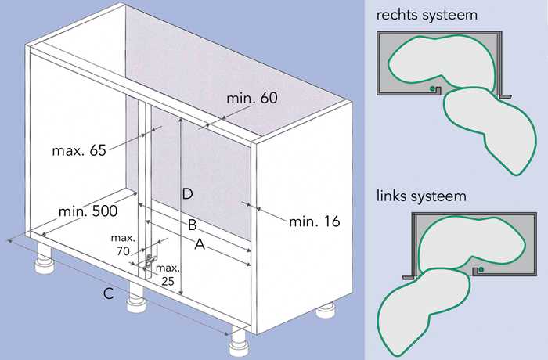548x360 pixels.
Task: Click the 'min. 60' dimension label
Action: [x=252, y=100]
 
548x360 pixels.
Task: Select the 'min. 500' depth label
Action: [x=88, y=211]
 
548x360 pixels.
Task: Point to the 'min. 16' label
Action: [x=314, y=221]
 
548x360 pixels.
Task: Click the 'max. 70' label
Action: [x=122, y=243]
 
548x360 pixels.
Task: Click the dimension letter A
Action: [x=200, y=246]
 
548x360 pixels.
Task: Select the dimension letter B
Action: [x=191, y=225]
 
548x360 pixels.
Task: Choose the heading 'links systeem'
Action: [x=421, y=195]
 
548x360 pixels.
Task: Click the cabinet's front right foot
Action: [x=236, y=343]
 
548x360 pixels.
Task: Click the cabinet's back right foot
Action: [x=325, y=312]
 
